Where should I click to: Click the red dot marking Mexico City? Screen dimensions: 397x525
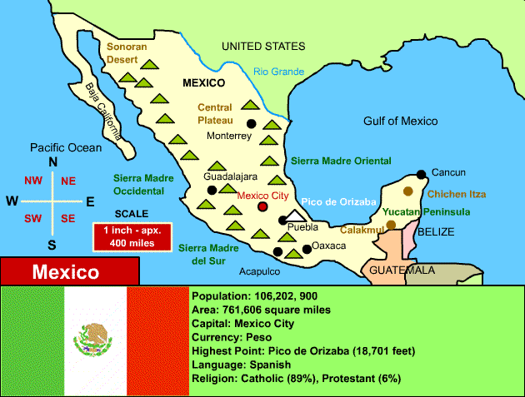click(263, 206)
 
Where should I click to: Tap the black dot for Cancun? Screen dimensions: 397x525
click(422, 174)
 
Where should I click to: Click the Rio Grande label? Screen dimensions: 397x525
click(279, 72)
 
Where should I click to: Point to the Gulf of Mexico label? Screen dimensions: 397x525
click(400, 121)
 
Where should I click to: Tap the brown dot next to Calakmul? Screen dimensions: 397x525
click(391, 225)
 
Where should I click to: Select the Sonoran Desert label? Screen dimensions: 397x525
click(127, 53)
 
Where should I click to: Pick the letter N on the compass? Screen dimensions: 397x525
click(52, 161)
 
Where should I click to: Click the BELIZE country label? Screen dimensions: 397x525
click(436, 232)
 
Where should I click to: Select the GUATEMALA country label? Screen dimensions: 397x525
click(402, 270)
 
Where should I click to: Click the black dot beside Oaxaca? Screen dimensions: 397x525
click(307, 246)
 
